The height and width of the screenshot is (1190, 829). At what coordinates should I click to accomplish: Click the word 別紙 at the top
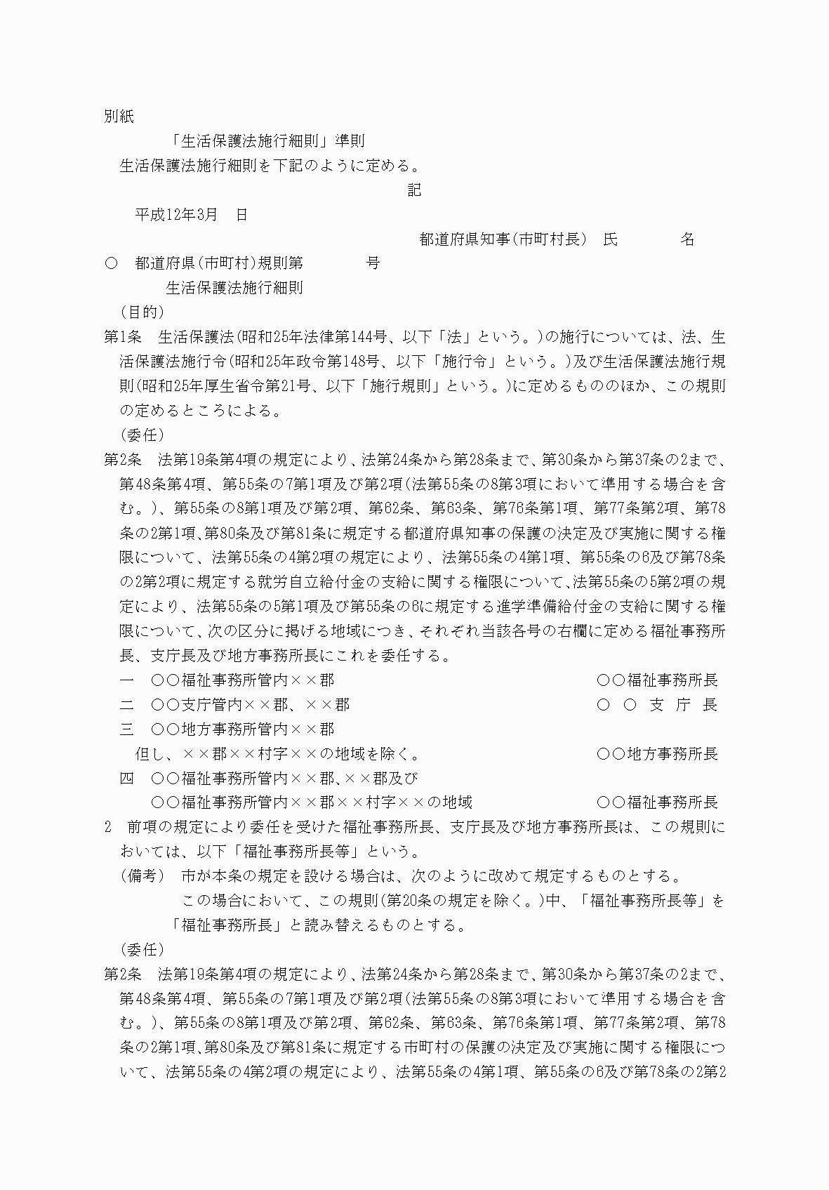(119, 117)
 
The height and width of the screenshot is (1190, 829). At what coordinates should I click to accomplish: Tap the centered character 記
(415, 190)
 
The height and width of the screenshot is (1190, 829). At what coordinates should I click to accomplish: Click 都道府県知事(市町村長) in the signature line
(503, 239)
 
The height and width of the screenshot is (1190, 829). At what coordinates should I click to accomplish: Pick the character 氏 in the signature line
(611, 239)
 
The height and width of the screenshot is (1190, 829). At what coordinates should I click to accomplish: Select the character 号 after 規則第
(373, 263)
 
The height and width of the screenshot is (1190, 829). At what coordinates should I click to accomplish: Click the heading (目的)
(142, 312)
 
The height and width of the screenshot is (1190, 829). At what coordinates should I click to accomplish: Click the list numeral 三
(127, 729)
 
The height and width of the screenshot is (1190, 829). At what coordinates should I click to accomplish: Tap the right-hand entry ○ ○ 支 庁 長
(657, 705)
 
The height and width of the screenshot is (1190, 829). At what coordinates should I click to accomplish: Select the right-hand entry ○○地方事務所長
(657, 754)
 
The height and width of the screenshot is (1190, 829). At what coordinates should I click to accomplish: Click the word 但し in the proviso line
(150, 754)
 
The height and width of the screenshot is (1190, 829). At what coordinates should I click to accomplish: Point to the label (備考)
(142, 876)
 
